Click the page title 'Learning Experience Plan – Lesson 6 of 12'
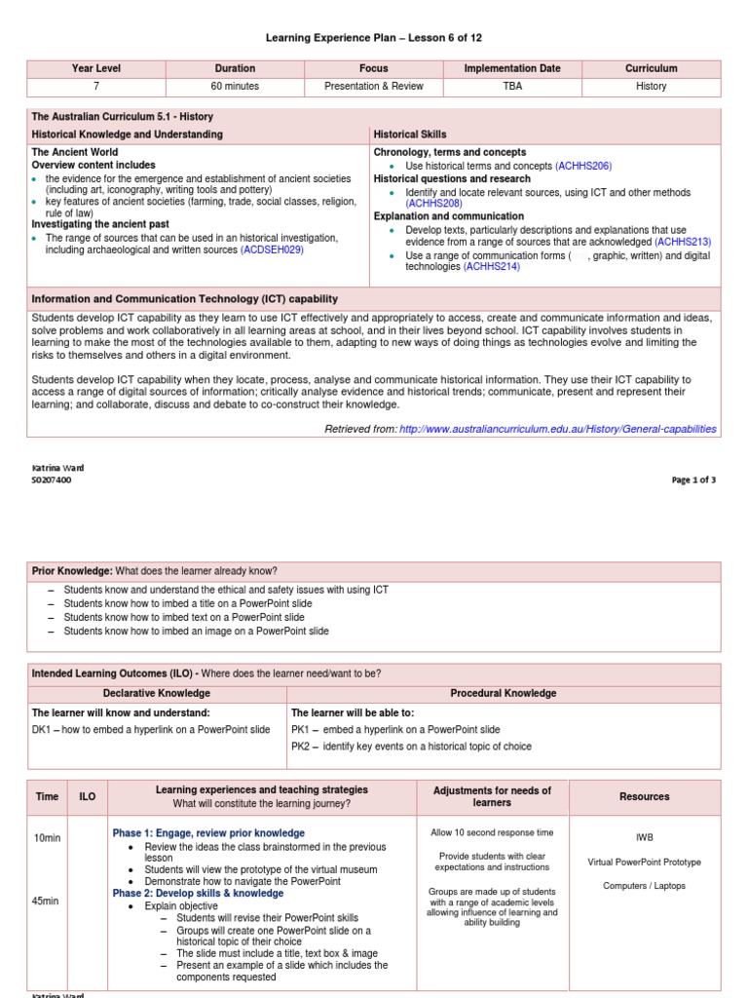click(x=374, y=38)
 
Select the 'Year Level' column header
click(x=95, y=69)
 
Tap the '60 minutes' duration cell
click(x=235, y=87)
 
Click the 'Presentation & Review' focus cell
click(x=374, y=87)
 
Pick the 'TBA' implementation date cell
click(x=512, y=87)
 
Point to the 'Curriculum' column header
click(x=652, y=69)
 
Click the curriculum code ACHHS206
click(x=583, y=167)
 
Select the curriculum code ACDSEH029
click(x=272, y=250)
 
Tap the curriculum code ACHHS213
click(x=683, y=242)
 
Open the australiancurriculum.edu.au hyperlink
click(x=557, y=429)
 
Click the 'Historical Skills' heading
click(x=410, y=134)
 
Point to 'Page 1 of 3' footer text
click(x=693, y=480)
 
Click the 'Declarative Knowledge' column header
click(x=157, y=694)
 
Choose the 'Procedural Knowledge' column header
click(x=503, y=694)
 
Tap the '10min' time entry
click(x=47, y=838)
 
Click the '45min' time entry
click(x=47, y=902)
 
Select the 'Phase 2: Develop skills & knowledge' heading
click(x=198, y=894)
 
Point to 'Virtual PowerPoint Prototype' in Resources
click(x=644, y=863)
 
